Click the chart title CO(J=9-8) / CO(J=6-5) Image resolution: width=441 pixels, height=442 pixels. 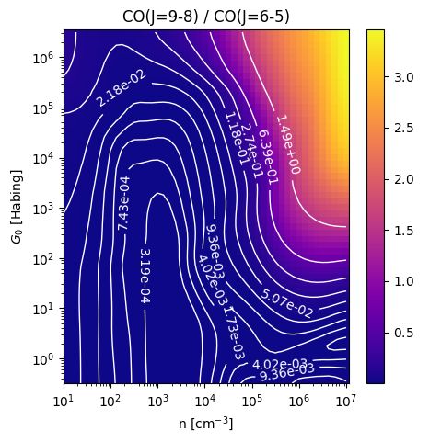coord(206,17)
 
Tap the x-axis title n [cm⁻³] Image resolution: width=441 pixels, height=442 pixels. coord(206,424)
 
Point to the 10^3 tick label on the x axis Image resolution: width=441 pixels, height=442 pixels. coord(157,401)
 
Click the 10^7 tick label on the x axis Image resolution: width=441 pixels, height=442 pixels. coord(346,401)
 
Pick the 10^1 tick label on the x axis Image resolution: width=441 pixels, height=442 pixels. coord(64,401)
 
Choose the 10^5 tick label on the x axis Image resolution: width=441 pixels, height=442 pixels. coord(252,401)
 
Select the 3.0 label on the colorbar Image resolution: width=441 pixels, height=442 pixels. coord(404,77)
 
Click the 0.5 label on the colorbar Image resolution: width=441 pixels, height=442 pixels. coord(404,333)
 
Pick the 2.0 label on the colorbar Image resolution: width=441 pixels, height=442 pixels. coord(404,179)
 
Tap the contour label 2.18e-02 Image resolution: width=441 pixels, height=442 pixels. coord(121,88)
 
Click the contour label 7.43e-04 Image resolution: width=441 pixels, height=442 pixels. coord(124,203)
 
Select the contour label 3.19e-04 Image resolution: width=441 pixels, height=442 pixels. coord(145,276)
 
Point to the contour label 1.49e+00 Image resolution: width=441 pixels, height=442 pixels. coord(288,145)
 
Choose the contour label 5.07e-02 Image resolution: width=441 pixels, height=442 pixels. coord(287,303)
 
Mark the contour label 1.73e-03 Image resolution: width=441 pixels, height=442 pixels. coord(234,333)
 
